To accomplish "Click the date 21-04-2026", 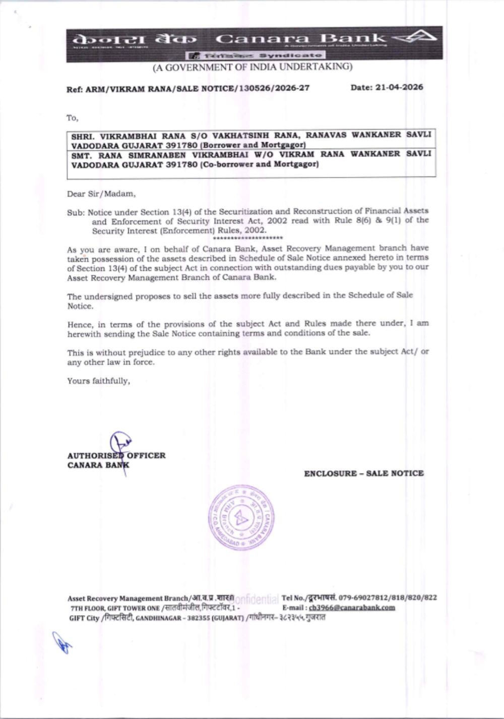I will pos(399,87).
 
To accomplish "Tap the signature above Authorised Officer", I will pos(120,444).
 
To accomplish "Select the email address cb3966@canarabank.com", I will pos(352,608).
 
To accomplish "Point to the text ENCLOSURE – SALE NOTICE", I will pos(363,473).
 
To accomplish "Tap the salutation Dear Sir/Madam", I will pos(101,194).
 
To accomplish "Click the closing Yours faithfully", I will pos(98,381).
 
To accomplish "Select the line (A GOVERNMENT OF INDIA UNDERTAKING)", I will pos(253,67).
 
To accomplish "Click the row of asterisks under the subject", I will pos(248,238).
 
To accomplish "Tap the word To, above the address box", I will pos(72,118).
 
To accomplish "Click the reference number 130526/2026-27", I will pos(274,88).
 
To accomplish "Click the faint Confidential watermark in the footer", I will pos(257,599).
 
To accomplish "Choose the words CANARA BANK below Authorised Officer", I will pos(98,465).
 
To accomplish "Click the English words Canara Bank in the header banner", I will pos(301,38).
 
